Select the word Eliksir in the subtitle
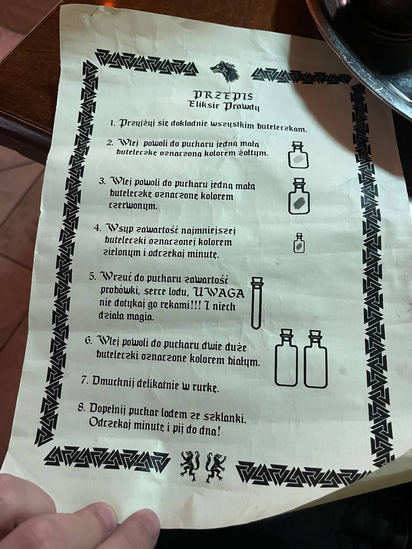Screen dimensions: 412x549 point(204,105)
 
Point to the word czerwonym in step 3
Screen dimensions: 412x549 point(133,207)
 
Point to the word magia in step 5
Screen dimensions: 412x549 point(140,318)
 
